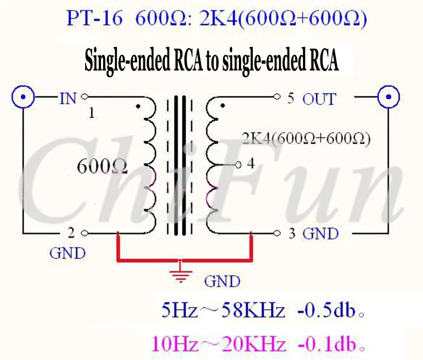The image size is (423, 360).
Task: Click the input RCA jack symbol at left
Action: [x=23, y=97]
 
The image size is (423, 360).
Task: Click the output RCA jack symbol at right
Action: [x=389, y=97]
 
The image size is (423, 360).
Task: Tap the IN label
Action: [x=68, y=98]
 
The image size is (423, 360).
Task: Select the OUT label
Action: [x=319, y=99]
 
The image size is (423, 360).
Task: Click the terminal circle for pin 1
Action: [x=85, y=96]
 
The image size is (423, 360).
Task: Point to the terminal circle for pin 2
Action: [x=85, y=233]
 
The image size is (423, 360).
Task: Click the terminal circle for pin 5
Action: [x=277, y=96]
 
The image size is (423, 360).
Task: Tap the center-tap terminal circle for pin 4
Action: [x=238, y=164]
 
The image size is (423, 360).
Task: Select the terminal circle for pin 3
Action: [x=277, y=233]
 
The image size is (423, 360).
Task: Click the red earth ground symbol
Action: [x=181, y=273]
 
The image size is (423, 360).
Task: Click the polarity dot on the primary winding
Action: [x=138, y=106]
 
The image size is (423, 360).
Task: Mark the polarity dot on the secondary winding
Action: [x=223, y=106]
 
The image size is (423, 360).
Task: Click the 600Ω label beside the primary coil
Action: [x=102, y=166]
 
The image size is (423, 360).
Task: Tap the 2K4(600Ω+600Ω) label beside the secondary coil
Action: [x=306, y=139]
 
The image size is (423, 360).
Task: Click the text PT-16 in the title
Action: [x=95, y=19]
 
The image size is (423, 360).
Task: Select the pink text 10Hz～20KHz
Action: [x=218, y=344]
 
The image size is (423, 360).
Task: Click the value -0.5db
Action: [x=326, y=310]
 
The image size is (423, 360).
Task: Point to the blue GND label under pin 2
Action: [x=68, y=254]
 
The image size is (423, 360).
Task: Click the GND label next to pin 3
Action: [x=320, y=234]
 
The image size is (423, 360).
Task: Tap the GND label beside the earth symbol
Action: [x=222, y=282]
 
